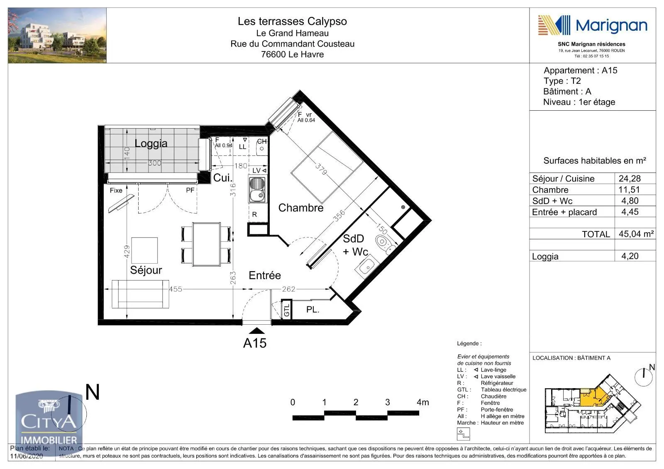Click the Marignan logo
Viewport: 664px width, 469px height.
(592, 26)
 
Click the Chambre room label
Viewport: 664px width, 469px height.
(300, 208)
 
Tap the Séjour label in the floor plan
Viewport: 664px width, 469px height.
(146, 270)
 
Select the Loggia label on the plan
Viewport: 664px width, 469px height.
(151, 143)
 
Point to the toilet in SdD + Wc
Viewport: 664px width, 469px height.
(383, 243)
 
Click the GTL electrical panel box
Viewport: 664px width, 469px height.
(286, 310)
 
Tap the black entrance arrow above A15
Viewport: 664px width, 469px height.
(257, 330)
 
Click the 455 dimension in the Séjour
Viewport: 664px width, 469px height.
(175, 289)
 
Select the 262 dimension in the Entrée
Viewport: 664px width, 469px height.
(288, 289)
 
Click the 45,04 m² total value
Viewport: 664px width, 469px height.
(636, 234)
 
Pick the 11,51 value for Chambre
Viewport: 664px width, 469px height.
(629, 190)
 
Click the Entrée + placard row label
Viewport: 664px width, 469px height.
(564, 212)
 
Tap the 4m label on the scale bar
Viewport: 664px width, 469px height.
(422, 402)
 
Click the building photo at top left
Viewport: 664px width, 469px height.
(57, 36)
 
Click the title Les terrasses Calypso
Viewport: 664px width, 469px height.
(292, 21)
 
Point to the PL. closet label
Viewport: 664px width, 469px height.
(312, 310)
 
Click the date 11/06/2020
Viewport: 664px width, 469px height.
(27, 456)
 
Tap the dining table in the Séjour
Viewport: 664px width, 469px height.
(206, 244)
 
